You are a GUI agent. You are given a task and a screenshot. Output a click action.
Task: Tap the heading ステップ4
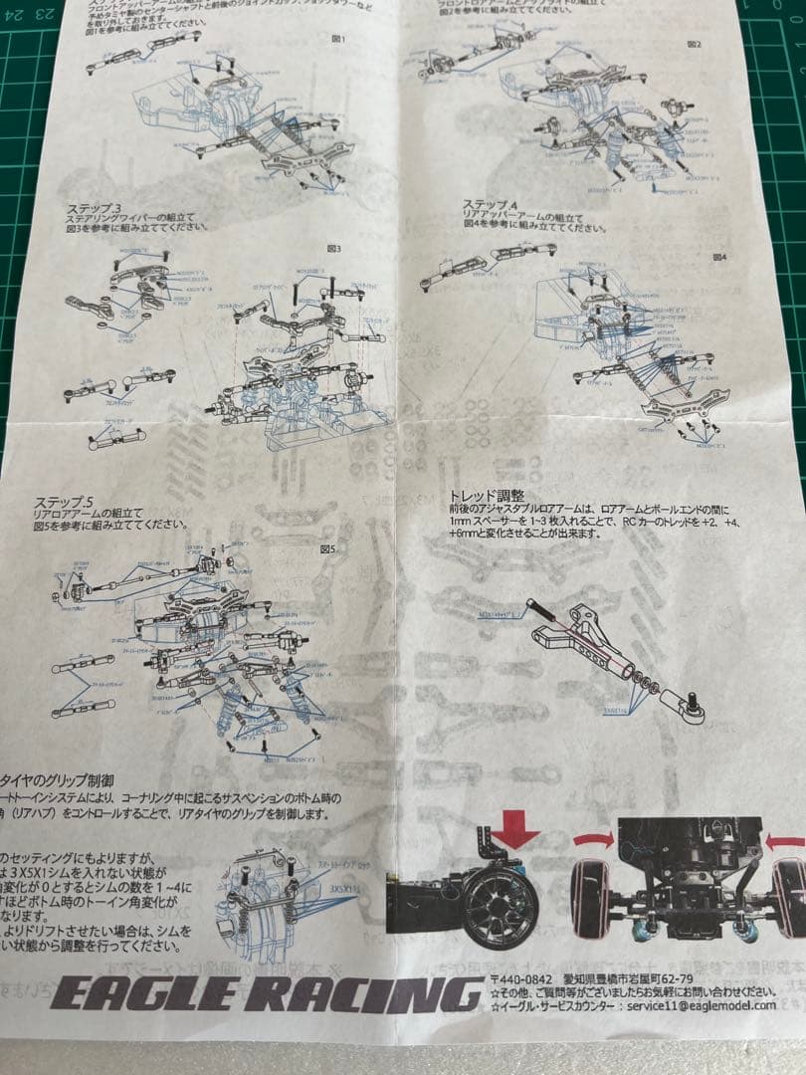(491, 204)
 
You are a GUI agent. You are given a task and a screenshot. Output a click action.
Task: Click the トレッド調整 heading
(487, 494)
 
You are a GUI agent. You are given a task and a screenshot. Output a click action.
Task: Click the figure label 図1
(338, 39)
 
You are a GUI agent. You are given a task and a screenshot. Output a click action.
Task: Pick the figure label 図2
(693, 44)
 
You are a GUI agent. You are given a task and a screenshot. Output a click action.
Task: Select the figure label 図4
(719, 256)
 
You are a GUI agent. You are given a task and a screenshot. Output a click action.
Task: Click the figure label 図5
(326, 547)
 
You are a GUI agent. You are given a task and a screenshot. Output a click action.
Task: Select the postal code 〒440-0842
(518, 979)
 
